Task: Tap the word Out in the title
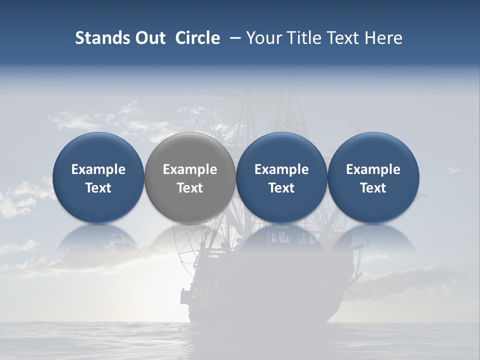149,38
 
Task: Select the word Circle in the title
197,38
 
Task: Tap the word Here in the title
383,38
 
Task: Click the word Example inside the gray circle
190,169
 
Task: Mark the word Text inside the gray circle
190,188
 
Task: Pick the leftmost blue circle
98,205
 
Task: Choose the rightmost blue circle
373,205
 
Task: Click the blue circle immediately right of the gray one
281,205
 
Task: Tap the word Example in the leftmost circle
98,169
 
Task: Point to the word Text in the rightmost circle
373,188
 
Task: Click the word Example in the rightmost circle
373,169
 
